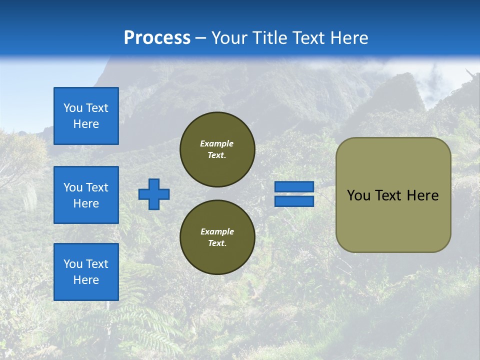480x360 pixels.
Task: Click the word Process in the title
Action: click(x=157, y=38)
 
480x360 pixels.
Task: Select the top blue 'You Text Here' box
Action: click(x=86, y=116)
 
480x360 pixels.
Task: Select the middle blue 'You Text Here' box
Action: click(x=86, y=195)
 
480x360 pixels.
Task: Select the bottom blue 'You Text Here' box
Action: click(x=86, y=272)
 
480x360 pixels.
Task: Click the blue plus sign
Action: click(x=154, y=194)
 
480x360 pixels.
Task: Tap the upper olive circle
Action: click(x=217, y=149)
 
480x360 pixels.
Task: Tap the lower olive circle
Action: click(x=217, y=237)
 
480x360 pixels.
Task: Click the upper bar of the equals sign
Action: click(x=294, y=186)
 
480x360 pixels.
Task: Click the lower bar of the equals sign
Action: click(x=294, y=201)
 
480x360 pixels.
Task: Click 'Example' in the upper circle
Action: click(x=217, y=143)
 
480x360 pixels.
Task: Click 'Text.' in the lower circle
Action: click(x=217, y=243)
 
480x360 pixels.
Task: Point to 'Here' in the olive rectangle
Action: click(x=422, y=195)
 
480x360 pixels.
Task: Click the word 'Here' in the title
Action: click(x=350, y=38)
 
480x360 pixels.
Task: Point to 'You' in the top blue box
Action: click(x=73, y=108)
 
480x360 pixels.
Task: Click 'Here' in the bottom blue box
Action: click(x=86, y=280)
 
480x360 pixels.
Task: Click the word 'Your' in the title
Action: click(x=229, y=38)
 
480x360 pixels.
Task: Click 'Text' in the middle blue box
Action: click(x=97, y=187)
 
